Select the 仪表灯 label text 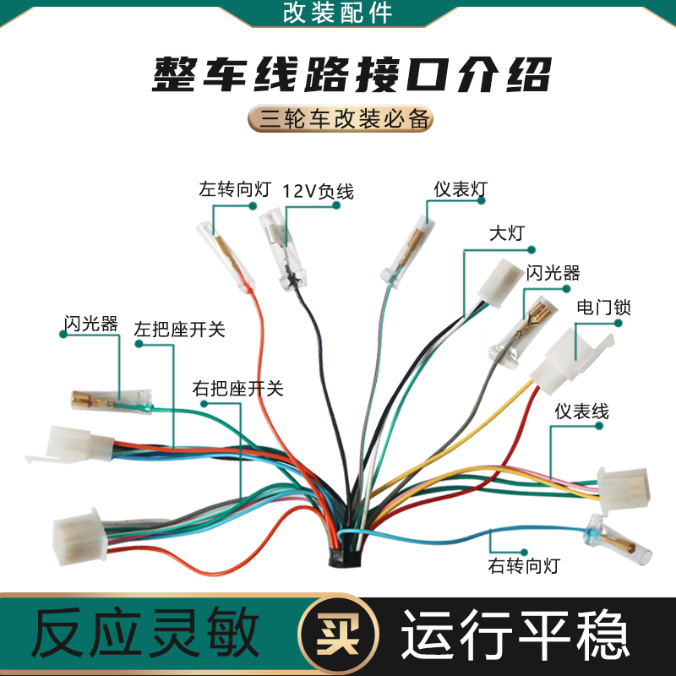461,188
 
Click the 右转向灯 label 524,564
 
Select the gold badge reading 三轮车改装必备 341,118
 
